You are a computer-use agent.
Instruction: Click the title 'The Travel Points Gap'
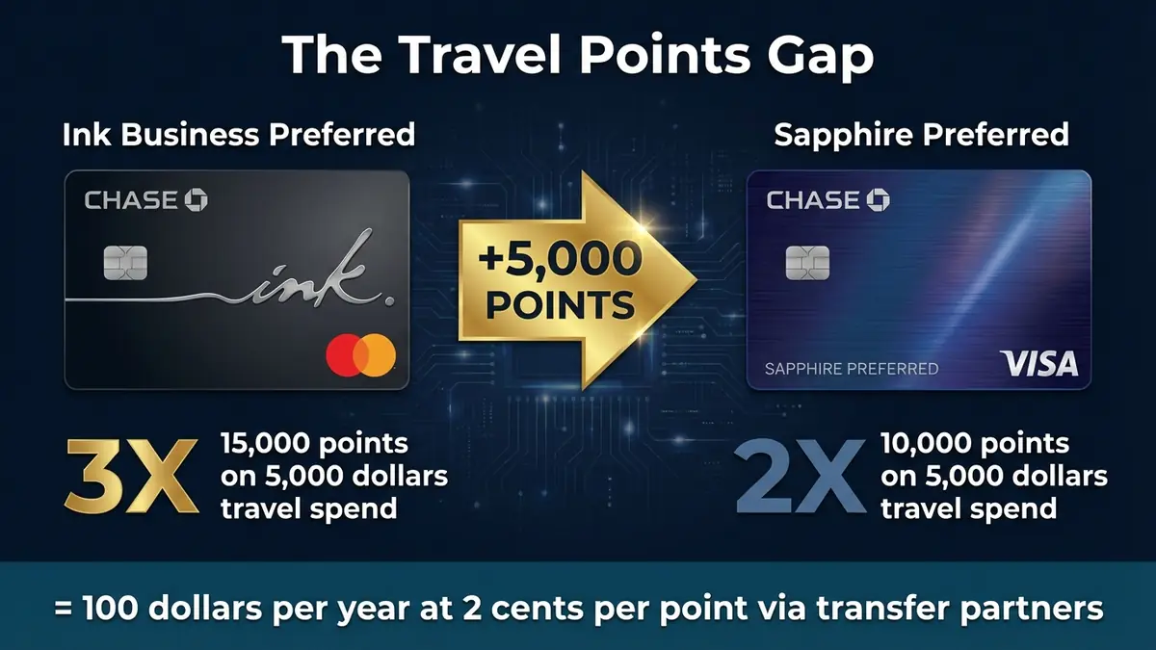pos(578,57)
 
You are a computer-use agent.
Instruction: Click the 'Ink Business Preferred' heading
pos(238,134)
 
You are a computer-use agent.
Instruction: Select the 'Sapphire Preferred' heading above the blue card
pos(921,134)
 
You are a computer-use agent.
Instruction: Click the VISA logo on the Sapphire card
pos(1038,364)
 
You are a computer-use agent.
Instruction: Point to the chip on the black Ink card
pos(125,261)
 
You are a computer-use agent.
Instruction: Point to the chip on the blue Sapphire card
pos(807,261)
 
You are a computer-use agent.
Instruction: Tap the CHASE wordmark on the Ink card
pos(145,200)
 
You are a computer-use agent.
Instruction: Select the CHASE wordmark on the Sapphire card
pos(828,200)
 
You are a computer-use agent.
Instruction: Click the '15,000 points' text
pos(314,444)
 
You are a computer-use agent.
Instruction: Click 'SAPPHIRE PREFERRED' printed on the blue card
pos(851,369)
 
